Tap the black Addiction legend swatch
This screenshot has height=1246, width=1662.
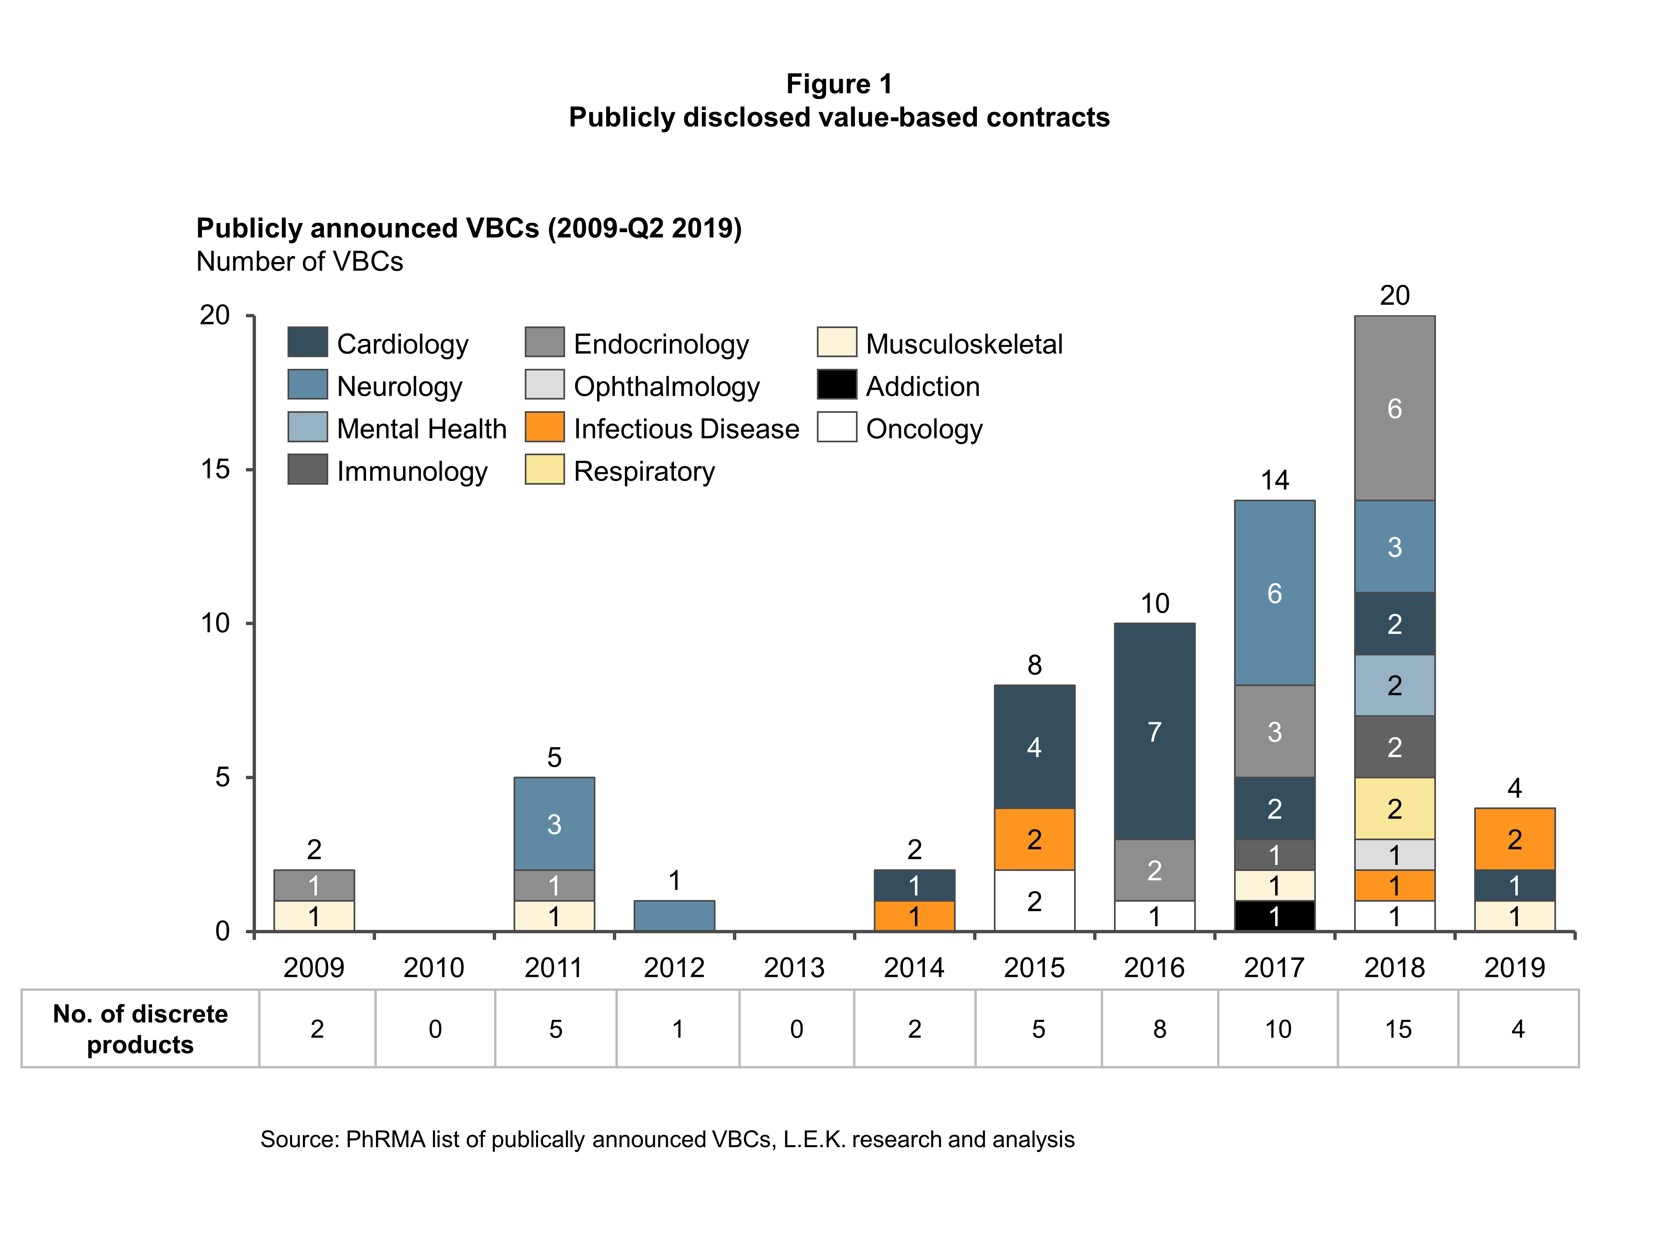836,385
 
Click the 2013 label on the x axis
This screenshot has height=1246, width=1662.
794,967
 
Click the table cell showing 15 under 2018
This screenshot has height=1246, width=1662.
1397,1028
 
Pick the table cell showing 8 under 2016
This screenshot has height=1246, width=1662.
1159,1028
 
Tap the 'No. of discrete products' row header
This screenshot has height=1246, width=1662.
140,1028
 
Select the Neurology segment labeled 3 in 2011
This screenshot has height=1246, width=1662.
554,824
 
